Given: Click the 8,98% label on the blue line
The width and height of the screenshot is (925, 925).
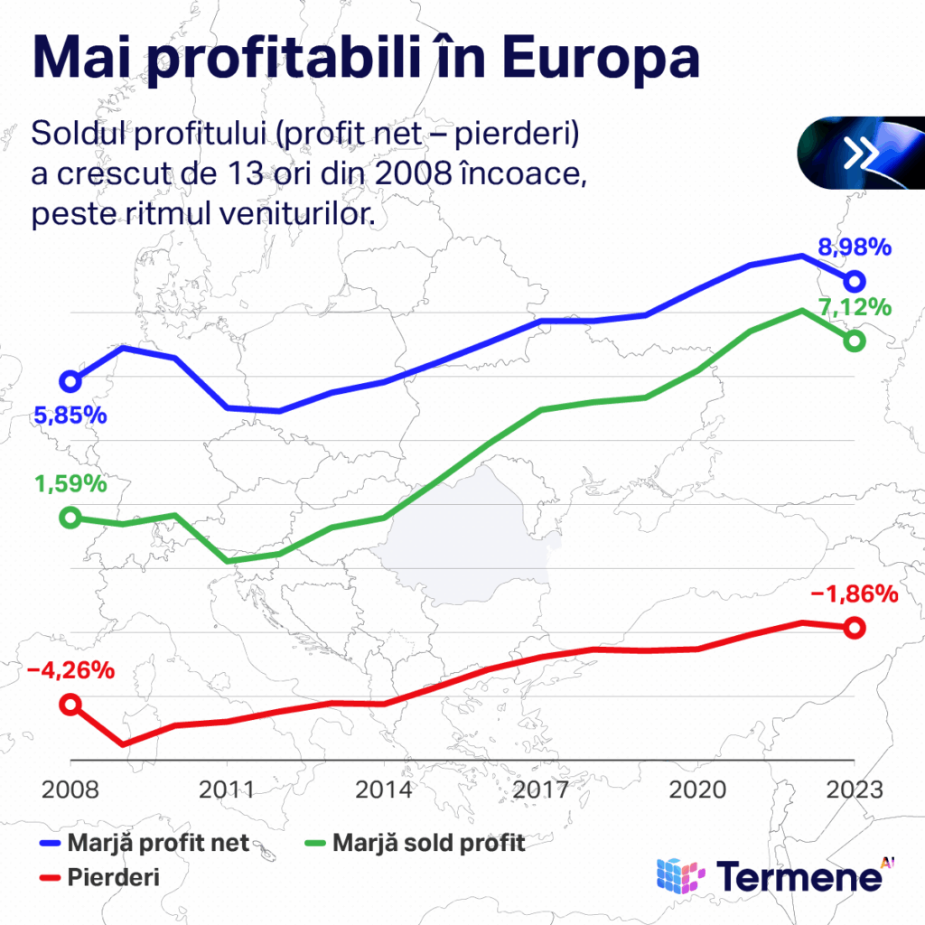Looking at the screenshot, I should [x=854, y=247].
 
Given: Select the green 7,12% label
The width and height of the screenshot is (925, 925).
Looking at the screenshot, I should [x=855, y=307].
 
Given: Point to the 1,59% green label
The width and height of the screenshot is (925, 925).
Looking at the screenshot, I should [x=70, y=483].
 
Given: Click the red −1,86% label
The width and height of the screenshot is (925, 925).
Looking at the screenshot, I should [x=854, y=594].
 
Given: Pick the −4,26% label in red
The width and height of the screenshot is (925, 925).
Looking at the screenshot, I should [x=70, y=671].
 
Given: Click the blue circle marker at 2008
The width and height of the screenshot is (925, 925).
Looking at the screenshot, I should [x=70, y=381].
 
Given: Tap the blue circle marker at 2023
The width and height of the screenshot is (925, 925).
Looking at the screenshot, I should [x=854, y=281].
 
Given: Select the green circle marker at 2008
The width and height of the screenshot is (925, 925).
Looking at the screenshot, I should [x=70, y=518].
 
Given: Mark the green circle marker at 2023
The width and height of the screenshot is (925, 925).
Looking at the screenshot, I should [x=854, y=341].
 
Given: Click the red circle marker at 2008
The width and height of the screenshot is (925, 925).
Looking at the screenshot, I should [x=70, y=705].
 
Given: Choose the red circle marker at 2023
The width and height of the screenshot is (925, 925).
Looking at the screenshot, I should [x=854, y=628].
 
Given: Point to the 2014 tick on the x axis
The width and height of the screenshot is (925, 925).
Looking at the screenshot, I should [x=384, y=789].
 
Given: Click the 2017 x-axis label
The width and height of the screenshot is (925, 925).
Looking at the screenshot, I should [x=541, y=789].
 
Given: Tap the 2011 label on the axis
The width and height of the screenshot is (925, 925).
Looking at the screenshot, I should [x=227, y=789].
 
